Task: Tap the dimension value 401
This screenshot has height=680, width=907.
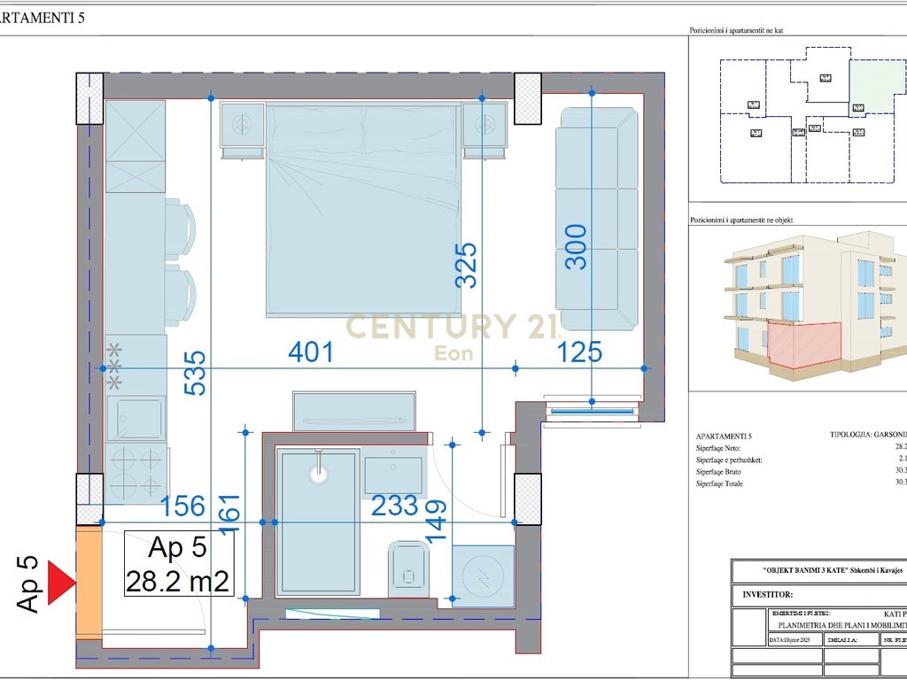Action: pyautogui.click(x=311, y=352)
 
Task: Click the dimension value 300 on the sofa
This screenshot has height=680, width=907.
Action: pyautogui.click(x=577, y=247)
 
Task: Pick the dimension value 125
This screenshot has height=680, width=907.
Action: pyautogui.click(x=579, y=352)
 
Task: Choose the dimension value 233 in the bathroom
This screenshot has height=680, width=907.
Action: pyautogui.click(x=394, y=506)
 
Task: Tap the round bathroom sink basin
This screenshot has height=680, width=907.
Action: pyautogui.click(x=319, y=472)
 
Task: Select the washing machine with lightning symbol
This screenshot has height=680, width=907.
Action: pyautogui.click(x=483, y=576)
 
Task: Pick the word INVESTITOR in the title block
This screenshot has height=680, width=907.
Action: pyautogui.click(x=768, y=596)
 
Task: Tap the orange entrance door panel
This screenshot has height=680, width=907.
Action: pyautogui.click(x=88, y=580)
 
